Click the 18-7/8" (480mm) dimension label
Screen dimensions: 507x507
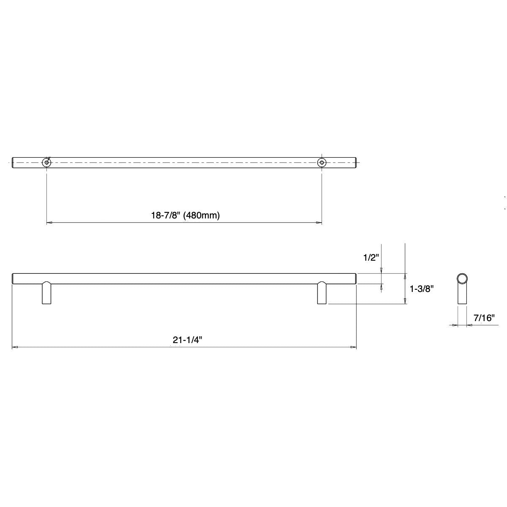pos(186,215)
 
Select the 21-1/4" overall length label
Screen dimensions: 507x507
pos(185,340)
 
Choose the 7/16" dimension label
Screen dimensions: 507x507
pos(484,318)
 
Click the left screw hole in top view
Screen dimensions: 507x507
pos(46,162)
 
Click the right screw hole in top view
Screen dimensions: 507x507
pos(322,162)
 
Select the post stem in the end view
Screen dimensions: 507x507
pos(462,296)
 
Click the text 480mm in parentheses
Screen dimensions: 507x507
pos(205,215)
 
